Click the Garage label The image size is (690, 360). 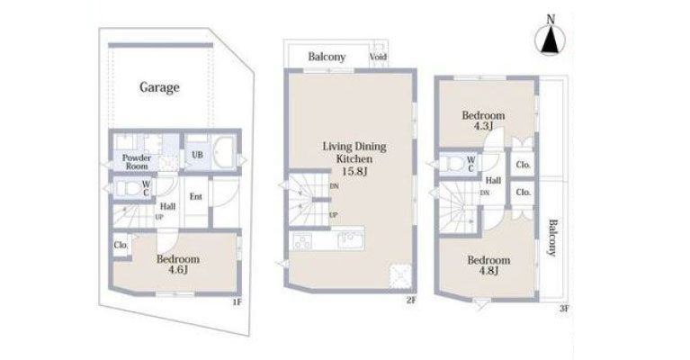(x=159, y=87)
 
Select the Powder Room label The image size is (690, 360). (x=137, y=162)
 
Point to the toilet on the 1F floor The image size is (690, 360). (x=127, y=188)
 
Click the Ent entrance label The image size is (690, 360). (x=195, y=196)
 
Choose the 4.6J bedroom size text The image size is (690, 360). (x=178, y=269)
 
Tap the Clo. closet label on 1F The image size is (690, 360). (x=121, y=245)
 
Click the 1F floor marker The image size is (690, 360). (x=237, y=301)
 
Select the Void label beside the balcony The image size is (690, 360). (x=378, y=57)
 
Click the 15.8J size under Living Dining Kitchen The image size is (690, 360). (x=354, y=171)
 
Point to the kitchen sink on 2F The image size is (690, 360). (x=349, y=240)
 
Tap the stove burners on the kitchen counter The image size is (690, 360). (x=302, y=241)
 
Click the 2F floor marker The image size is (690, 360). (x=410, y=301)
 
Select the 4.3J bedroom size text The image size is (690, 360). (x=483, y=126)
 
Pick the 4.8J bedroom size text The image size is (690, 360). (x=488, y=270)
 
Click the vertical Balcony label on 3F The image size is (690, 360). (x=551, y=238)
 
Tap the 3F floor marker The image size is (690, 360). (x=564, y=309)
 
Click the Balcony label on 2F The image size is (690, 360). (x=327, y=57)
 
